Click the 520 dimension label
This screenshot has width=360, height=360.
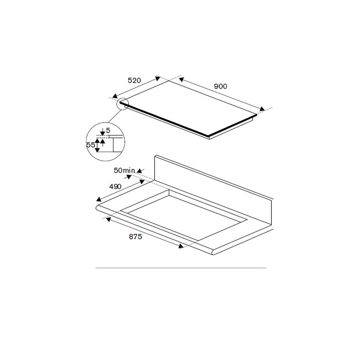pos(135,81)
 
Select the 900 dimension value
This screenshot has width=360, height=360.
pos(220,86)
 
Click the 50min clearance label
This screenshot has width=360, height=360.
pos(124,170)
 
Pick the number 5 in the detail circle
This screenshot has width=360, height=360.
pos(108,130)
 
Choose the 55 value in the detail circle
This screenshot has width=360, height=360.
pos(91,145)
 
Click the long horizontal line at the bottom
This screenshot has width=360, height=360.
pos(180,269)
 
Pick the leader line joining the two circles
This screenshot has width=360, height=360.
pos(115,117)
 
